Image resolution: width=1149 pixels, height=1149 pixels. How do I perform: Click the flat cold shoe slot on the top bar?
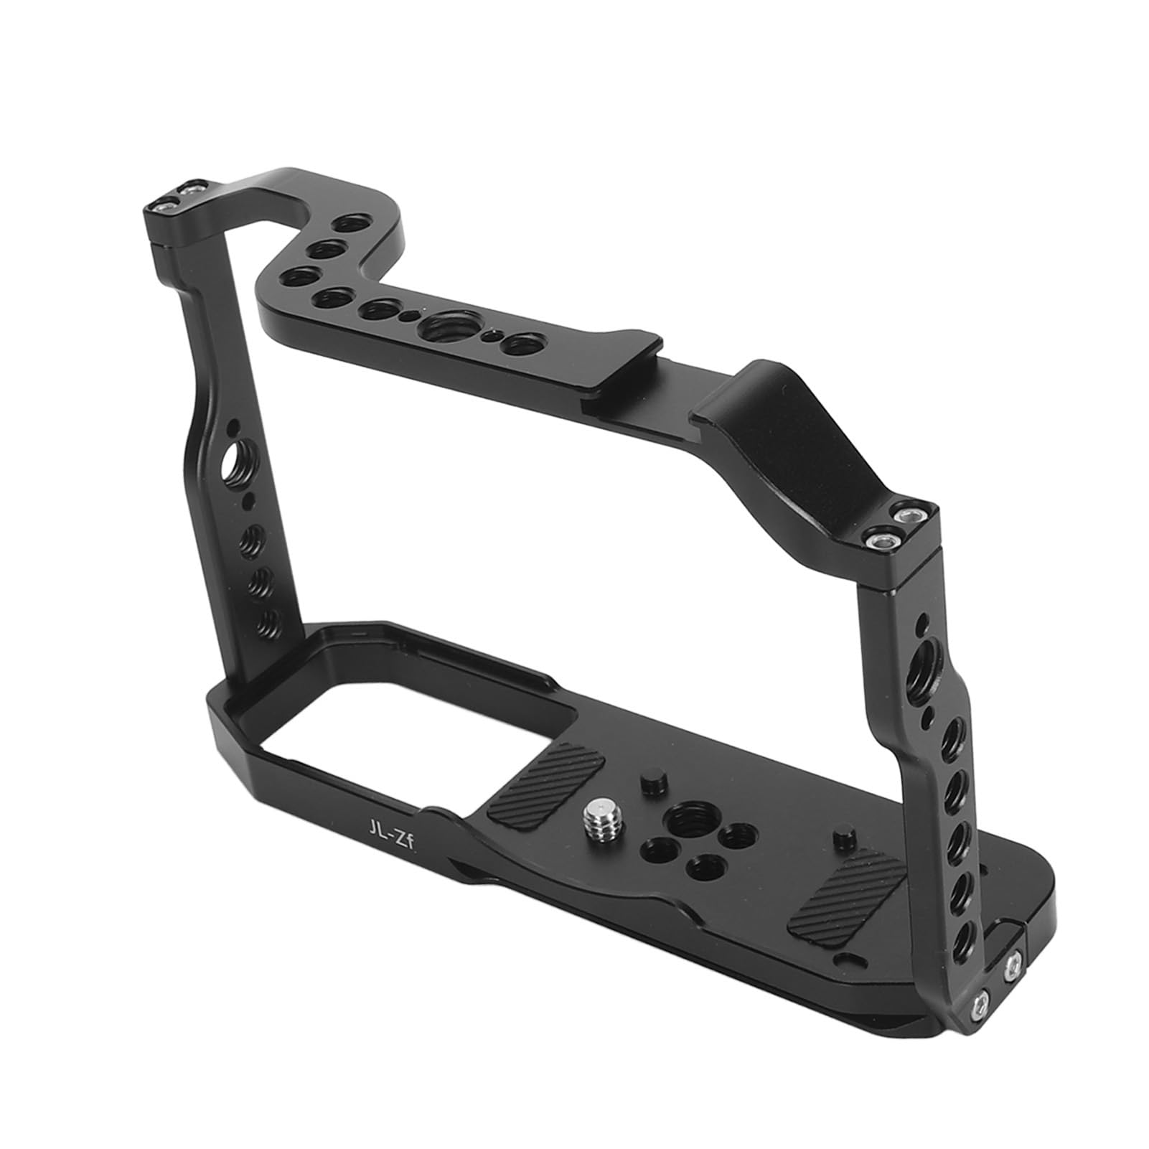(x=632, y=386)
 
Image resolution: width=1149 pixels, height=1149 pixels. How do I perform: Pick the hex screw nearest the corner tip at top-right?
(x=912, y=516)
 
